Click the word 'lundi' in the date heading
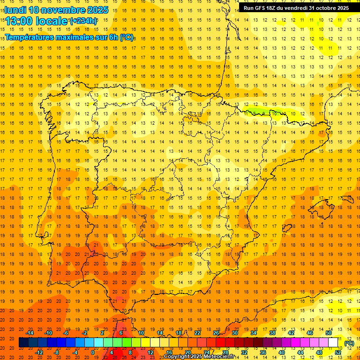(15, 10)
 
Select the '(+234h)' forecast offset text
(83, 21)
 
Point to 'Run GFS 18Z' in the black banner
(261, 8)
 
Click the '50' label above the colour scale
(329, 333)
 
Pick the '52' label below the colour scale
(338, 352)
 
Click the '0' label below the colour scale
(92, 352)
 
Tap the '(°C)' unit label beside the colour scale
(349, 343)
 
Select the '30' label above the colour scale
(235, 333)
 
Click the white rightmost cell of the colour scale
(333, 343)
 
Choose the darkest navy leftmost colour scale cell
(23, 343)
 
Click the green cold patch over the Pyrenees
(262, 112)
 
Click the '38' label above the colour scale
(272, 333)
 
